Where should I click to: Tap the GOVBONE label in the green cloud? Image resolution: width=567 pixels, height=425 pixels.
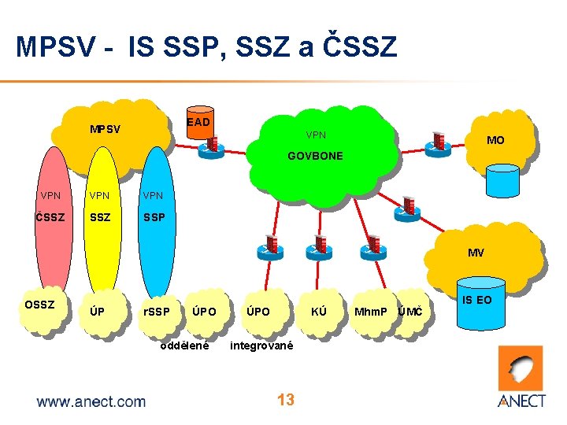[x=315, y=156]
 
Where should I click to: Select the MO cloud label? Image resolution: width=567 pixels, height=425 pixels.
[x=495, y=141]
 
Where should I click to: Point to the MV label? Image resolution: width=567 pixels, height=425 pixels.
[x=476, y=253]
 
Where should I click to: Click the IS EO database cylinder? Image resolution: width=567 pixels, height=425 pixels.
[x=477, y=303]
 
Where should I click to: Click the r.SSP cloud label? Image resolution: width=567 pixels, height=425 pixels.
[x=156, y=312]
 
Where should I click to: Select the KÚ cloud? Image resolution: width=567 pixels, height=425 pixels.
[x=319, y=312]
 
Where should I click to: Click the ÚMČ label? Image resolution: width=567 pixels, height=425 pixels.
[x=410, y=312]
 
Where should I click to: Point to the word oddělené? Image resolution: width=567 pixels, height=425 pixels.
[x=184, y=346]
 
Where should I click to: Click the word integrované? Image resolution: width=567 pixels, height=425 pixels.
[x=261, y=346]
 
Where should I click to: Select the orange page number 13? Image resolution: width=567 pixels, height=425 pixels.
[x=285, y=400]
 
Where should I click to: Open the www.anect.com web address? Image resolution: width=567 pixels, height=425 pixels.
[x=91, y=401]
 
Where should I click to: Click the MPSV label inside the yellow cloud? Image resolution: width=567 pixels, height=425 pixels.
[x=105, y=129]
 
